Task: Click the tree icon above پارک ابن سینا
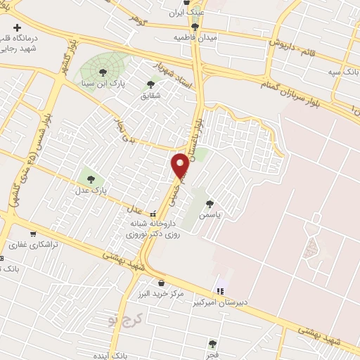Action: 103,72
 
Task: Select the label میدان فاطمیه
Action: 195,37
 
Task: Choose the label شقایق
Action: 150,96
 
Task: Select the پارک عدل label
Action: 90,190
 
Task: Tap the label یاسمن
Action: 209,214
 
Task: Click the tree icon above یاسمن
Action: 209,204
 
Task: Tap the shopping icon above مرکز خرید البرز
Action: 162,283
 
